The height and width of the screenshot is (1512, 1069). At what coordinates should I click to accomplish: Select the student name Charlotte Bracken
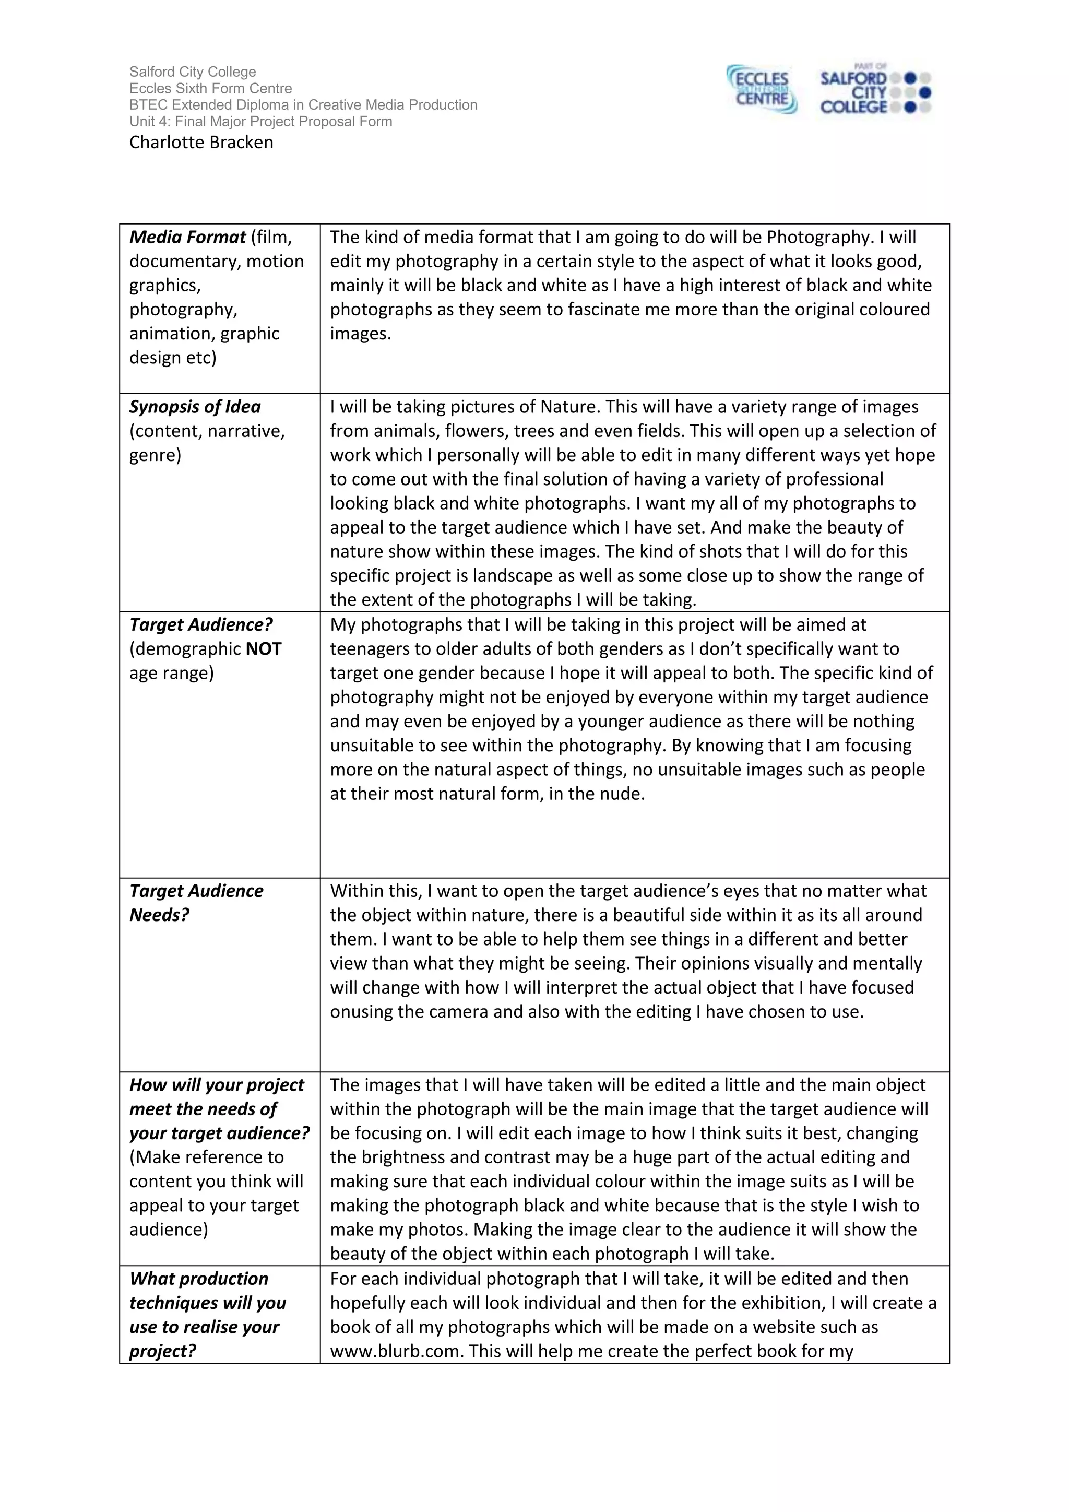click(201, 142)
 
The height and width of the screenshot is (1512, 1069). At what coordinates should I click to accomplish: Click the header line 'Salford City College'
click(192, 72)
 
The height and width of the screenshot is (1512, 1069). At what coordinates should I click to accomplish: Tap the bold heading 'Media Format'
click(187, 237)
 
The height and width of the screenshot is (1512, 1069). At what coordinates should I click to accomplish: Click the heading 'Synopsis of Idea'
click(195, 407)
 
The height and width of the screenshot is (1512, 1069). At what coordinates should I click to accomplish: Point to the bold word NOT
click(263, 649)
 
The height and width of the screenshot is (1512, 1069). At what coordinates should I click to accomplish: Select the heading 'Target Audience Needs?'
click(196, 903)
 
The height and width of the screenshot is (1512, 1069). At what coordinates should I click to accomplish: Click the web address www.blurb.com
click(394, 1351)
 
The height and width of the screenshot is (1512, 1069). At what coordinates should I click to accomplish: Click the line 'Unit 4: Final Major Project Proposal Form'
click(260, 122)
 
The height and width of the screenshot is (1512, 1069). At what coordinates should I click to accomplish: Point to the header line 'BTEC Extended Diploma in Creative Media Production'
click(303, 105)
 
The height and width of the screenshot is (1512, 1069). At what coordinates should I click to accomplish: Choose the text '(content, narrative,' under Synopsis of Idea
click(207, 431)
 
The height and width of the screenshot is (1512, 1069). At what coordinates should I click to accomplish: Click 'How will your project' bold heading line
click(217, 1085)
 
